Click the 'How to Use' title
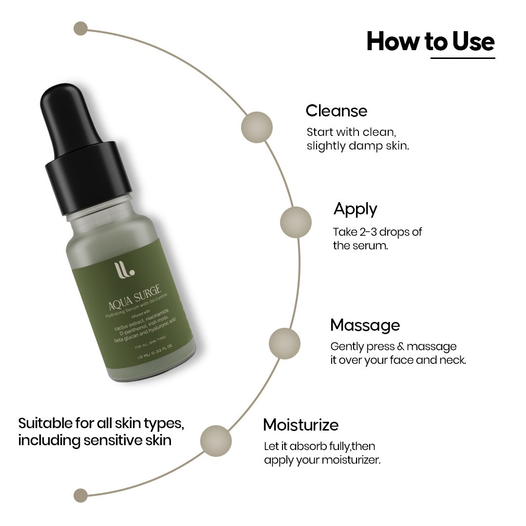point(430,41)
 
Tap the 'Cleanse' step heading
point(336,111)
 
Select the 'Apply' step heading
point(355,209)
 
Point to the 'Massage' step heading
point(365,325)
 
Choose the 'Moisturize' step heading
point(301,425)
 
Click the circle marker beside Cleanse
point(257,128)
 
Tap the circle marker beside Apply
point(296,222)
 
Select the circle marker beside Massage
point(284,343)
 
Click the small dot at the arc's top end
point(80,28)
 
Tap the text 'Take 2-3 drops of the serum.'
point(377,238)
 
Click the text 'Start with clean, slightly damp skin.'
point(357,139)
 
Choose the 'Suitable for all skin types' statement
point(101,431)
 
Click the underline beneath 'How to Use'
point(462,58)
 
